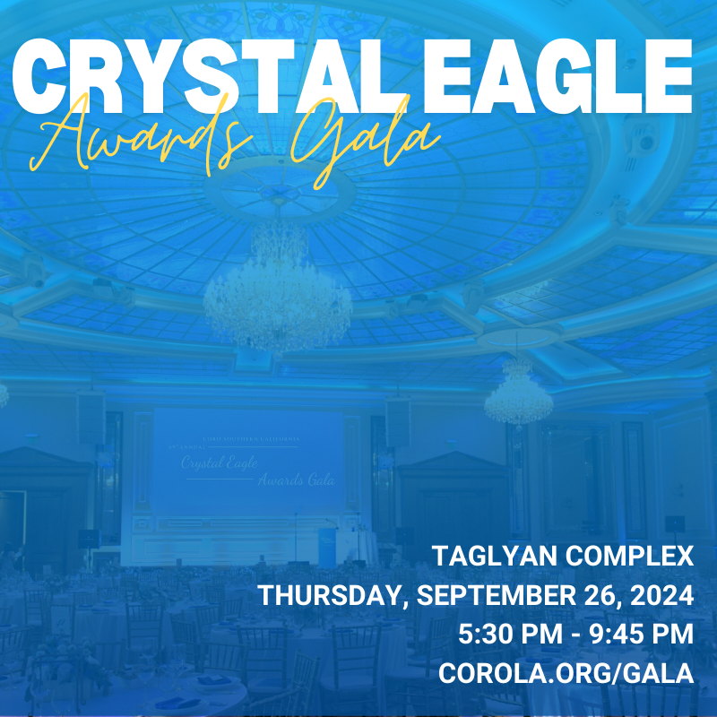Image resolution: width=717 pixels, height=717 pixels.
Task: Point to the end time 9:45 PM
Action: click(636, 635)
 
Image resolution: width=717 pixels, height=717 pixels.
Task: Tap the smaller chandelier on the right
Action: click(518, 394)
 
